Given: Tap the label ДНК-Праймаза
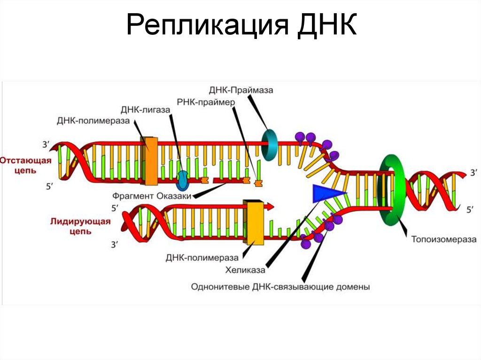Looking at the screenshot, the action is coord(241,90).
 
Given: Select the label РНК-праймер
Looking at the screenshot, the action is coord(205,101).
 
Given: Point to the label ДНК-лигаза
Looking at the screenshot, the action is coord(145,110).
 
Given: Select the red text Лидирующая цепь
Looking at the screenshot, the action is coord(80,226).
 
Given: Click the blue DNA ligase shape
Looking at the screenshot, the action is coord(182,177).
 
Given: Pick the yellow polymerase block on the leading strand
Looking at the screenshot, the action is coord(254,222).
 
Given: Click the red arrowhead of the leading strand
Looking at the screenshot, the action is coord(271,206).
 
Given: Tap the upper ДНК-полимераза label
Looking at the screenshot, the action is coord(93,122).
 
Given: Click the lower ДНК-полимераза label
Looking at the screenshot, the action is coord(202,257).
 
